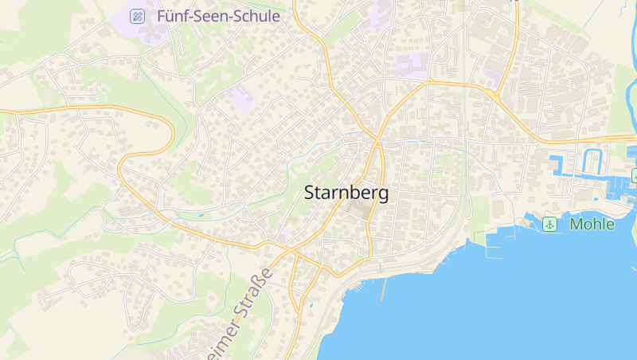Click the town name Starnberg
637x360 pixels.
click(346, 194)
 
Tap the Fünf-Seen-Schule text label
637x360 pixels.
click(218, 15)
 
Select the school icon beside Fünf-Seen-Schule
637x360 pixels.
click(138, 15)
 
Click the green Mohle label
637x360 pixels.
click(592, 225)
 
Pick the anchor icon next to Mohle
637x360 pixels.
click(549, 225)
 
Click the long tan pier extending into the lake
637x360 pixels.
click(384, 288)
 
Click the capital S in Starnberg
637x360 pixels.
click(311, 194)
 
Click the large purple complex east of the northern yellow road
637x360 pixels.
click(411, 64)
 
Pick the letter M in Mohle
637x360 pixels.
click(576, 225)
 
